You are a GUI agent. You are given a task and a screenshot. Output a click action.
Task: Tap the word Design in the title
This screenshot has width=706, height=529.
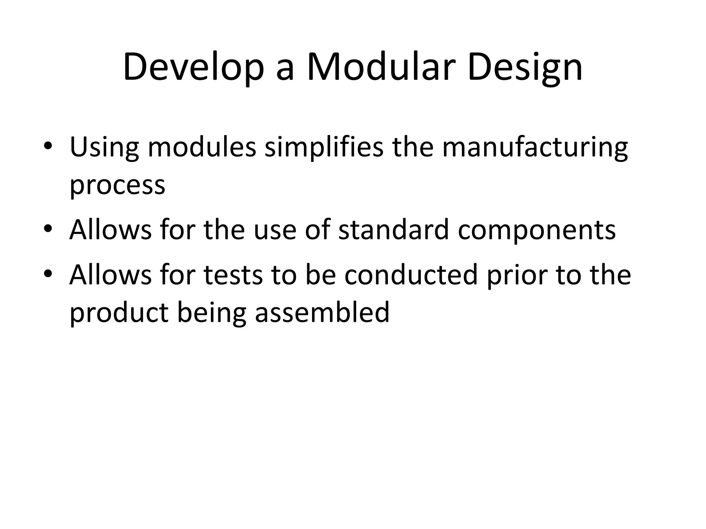click(x=525, y=67)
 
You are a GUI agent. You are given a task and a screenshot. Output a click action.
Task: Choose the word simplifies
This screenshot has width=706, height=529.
click(x=324, y=147)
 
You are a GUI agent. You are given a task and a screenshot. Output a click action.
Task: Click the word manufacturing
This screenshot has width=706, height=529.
click(x=535, y=147)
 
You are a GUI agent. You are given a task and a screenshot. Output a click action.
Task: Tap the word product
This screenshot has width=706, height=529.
click(x=119, y=313)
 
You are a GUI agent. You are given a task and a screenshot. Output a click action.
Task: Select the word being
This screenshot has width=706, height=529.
click(x=212, y=313)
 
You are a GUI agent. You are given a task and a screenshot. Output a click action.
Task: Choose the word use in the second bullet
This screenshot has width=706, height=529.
click(x=275, y=230)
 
